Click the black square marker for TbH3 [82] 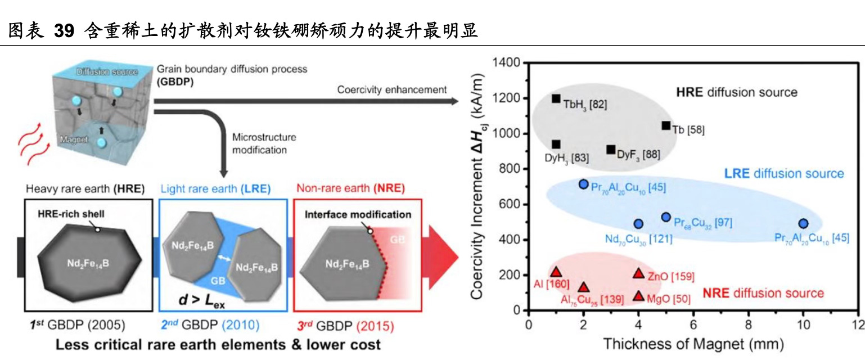556,98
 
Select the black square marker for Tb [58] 666,125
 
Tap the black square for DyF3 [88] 611,150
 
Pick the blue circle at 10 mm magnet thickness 803,224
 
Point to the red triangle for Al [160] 556,272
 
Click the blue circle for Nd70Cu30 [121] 638,224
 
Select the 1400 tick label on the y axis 507,63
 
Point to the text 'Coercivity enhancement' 392,89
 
